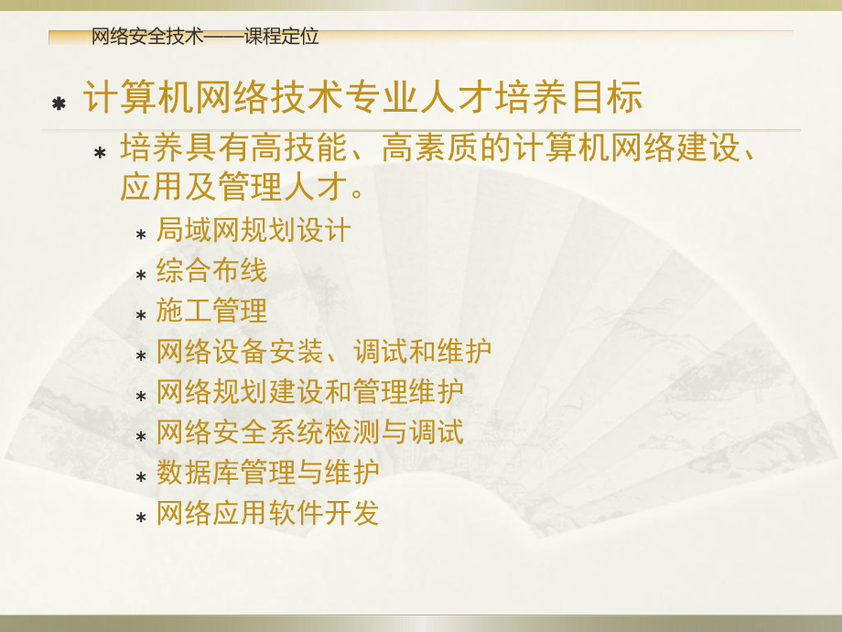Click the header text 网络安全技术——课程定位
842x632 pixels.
pyautogui.click(x=205, y=37)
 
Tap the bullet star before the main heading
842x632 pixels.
pyautogui.click(x=59, y=104)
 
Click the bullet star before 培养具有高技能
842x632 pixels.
pyautogui.click(x=101, y=152)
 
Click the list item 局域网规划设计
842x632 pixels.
pyautogui.click(x=254, y=230)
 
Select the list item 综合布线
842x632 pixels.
pyautogui.click(x=211, y=270)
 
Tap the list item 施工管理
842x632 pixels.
pyautogui.click(x=211, y=311)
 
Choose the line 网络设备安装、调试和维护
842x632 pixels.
pyautogui.click(x=323, y=351)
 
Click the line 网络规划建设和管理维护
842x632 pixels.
pyautogui.click(x=309, y=391)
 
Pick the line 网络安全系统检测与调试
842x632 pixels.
pyautogui.click(x=309, y=431)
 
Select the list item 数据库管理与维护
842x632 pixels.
pyautogui.click(x=267, y=472)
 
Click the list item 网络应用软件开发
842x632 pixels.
pyautogui.click(x=267, y=513)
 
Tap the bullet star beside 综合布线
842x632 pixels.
pyautogui.click(x=141, y=275)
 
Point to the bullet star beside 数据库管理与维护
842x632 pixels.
pyautogui.click(x=141, y=477)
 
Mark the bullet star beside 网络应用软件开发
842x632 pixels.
pyautogui.click(x=141, y=518)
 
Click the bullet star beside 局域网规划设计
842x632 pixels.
pyautogui.click(x=141, y=234)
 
